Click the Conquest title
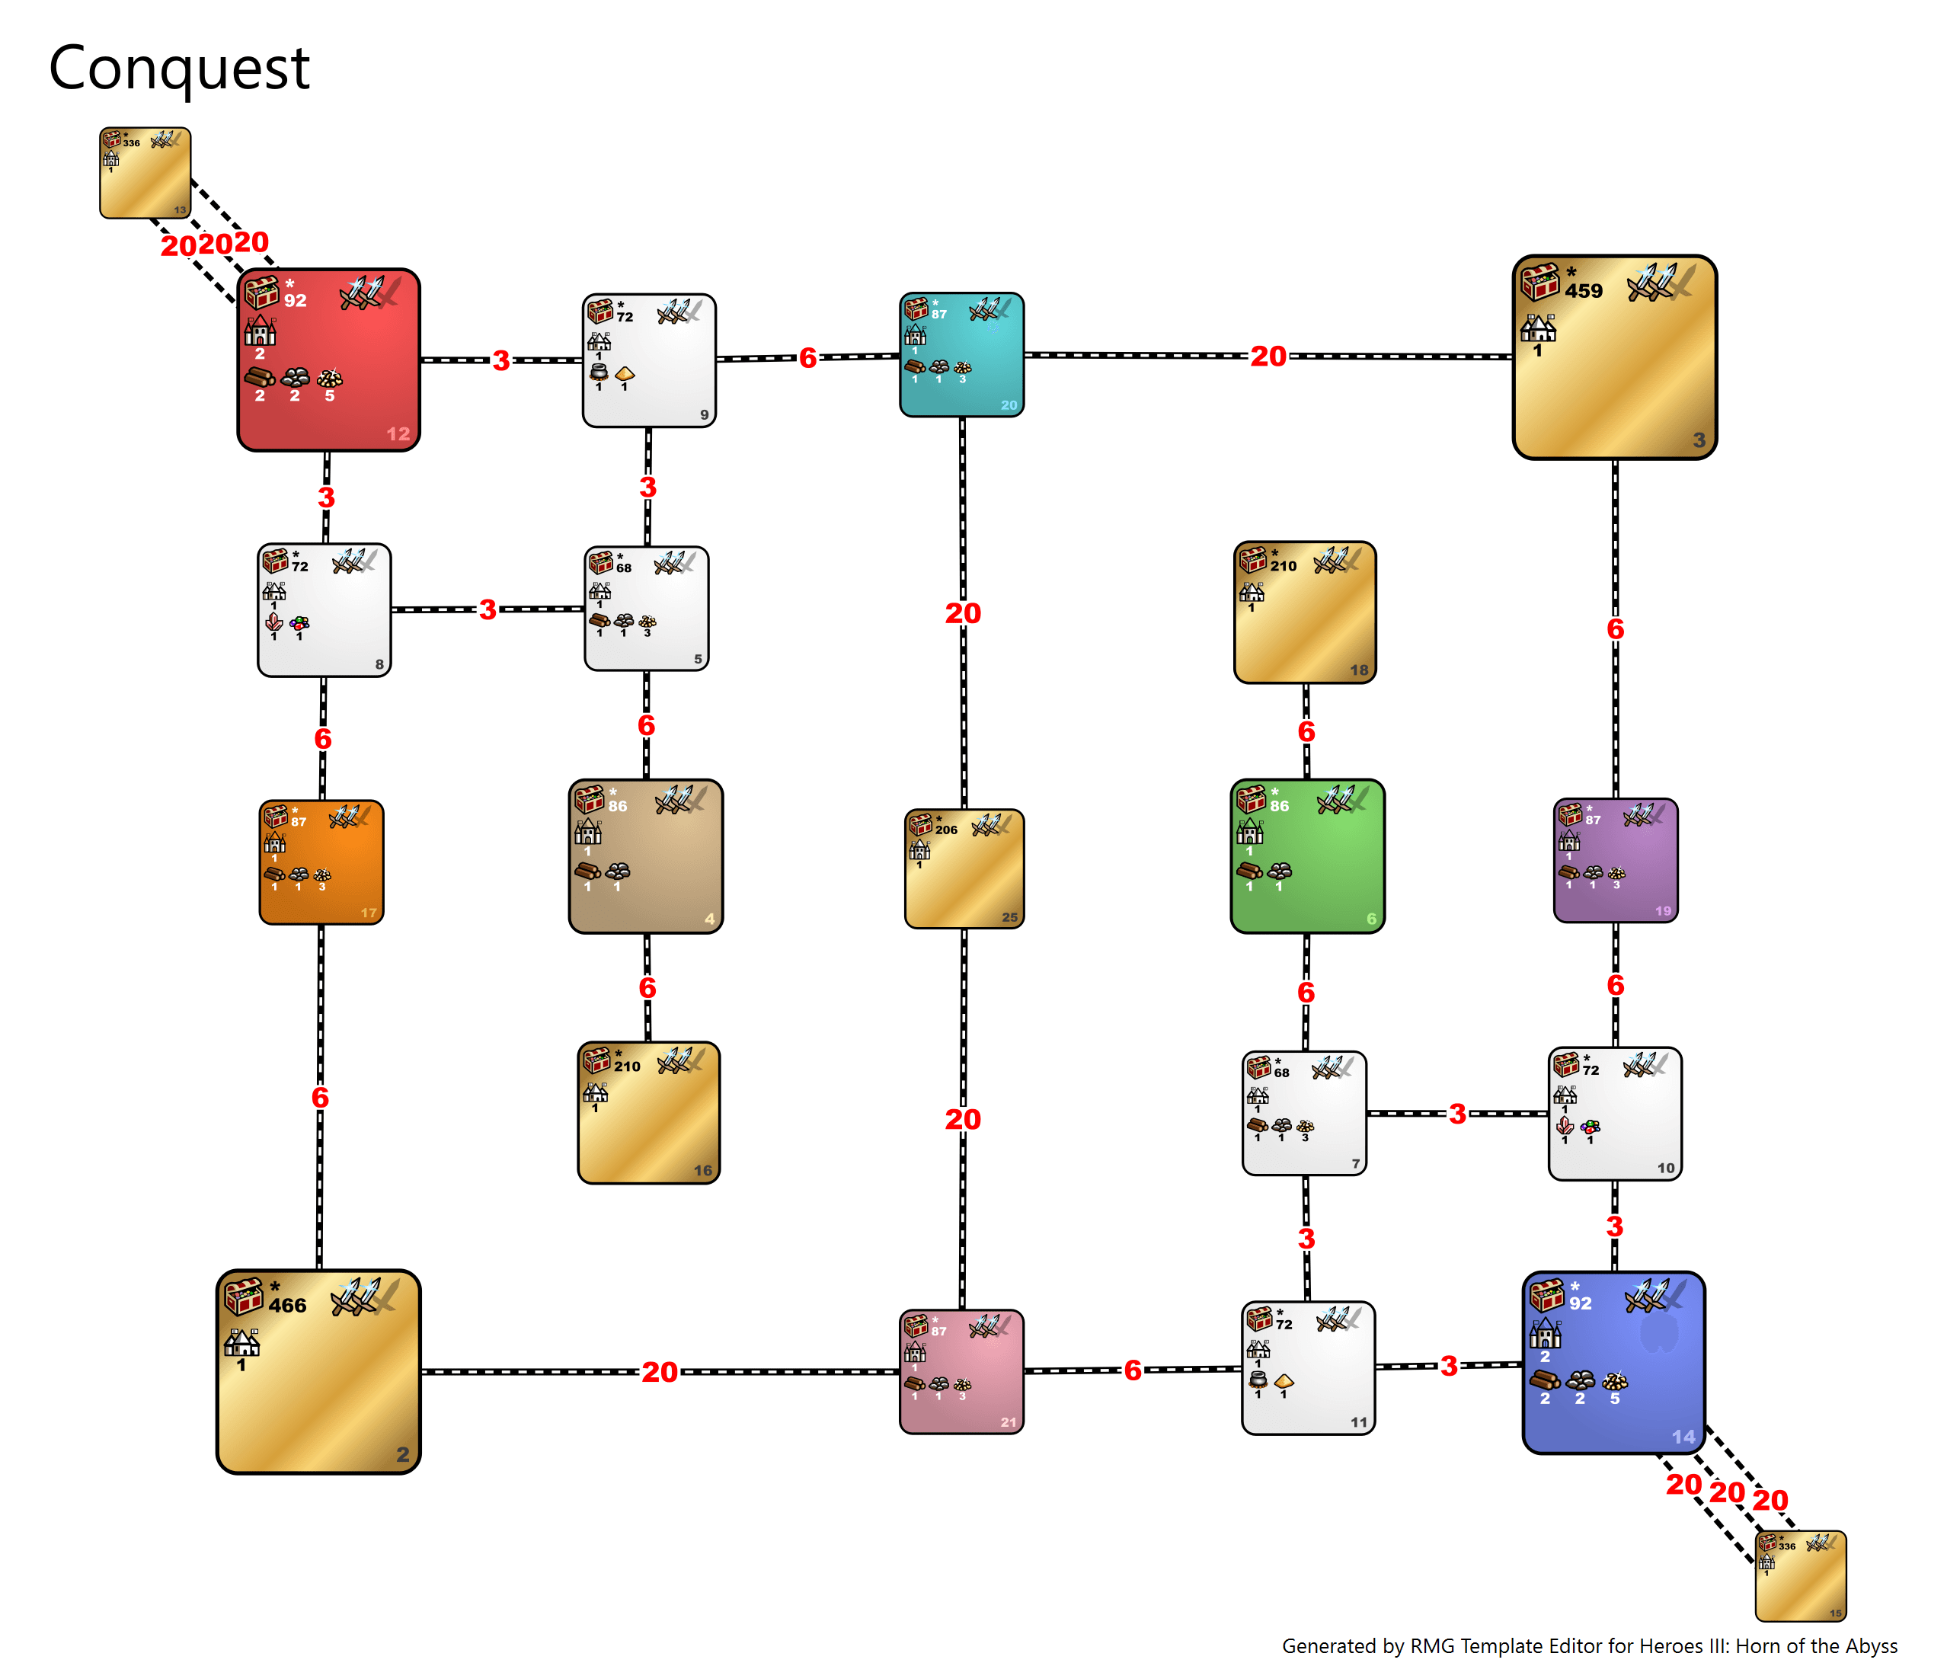pyautogui.click(x=178, y=68)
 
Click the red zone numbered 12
pyautogui.click(x=328, y=360)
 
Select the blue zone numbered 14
pyautogui.click(x=1613, y=1363)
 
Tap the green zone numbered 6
pyautogui.click(x=1307, y=856)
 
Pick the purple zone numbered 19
pyautogui.click(x=1616, y=860)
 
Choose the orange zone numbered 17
pyautogui.click(x=321, y=862)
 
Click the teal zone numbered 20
pyautogui.click(x=961, y=354)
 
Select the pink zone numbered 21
pyautogui.click(x=961, y=1371)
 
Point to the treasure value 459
pyautogui.click(x=1584, y=291)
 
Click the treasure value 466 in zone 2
pyautogui.click(x=286, y=1305)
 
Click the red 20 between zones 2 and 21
pyautogui.click(x=660, y=1372)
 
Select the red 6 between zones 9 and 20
pyautogui.click(x=807, y=358)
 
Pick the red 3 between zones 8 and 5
pyautogui.click(x=488, y=610)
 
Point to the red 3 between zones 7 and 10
pyautogui.click(x=1456, y=1114)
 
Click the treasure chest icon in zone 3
pyautogui.click(x=1540, y=282)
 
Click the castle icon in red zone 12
pyautogui.click(x=261, y=331)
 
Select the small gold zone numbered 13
pyautogui.click(x=145, y=174)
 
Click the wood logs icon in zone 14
pyautogui.click(x=1544, y=1380)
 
